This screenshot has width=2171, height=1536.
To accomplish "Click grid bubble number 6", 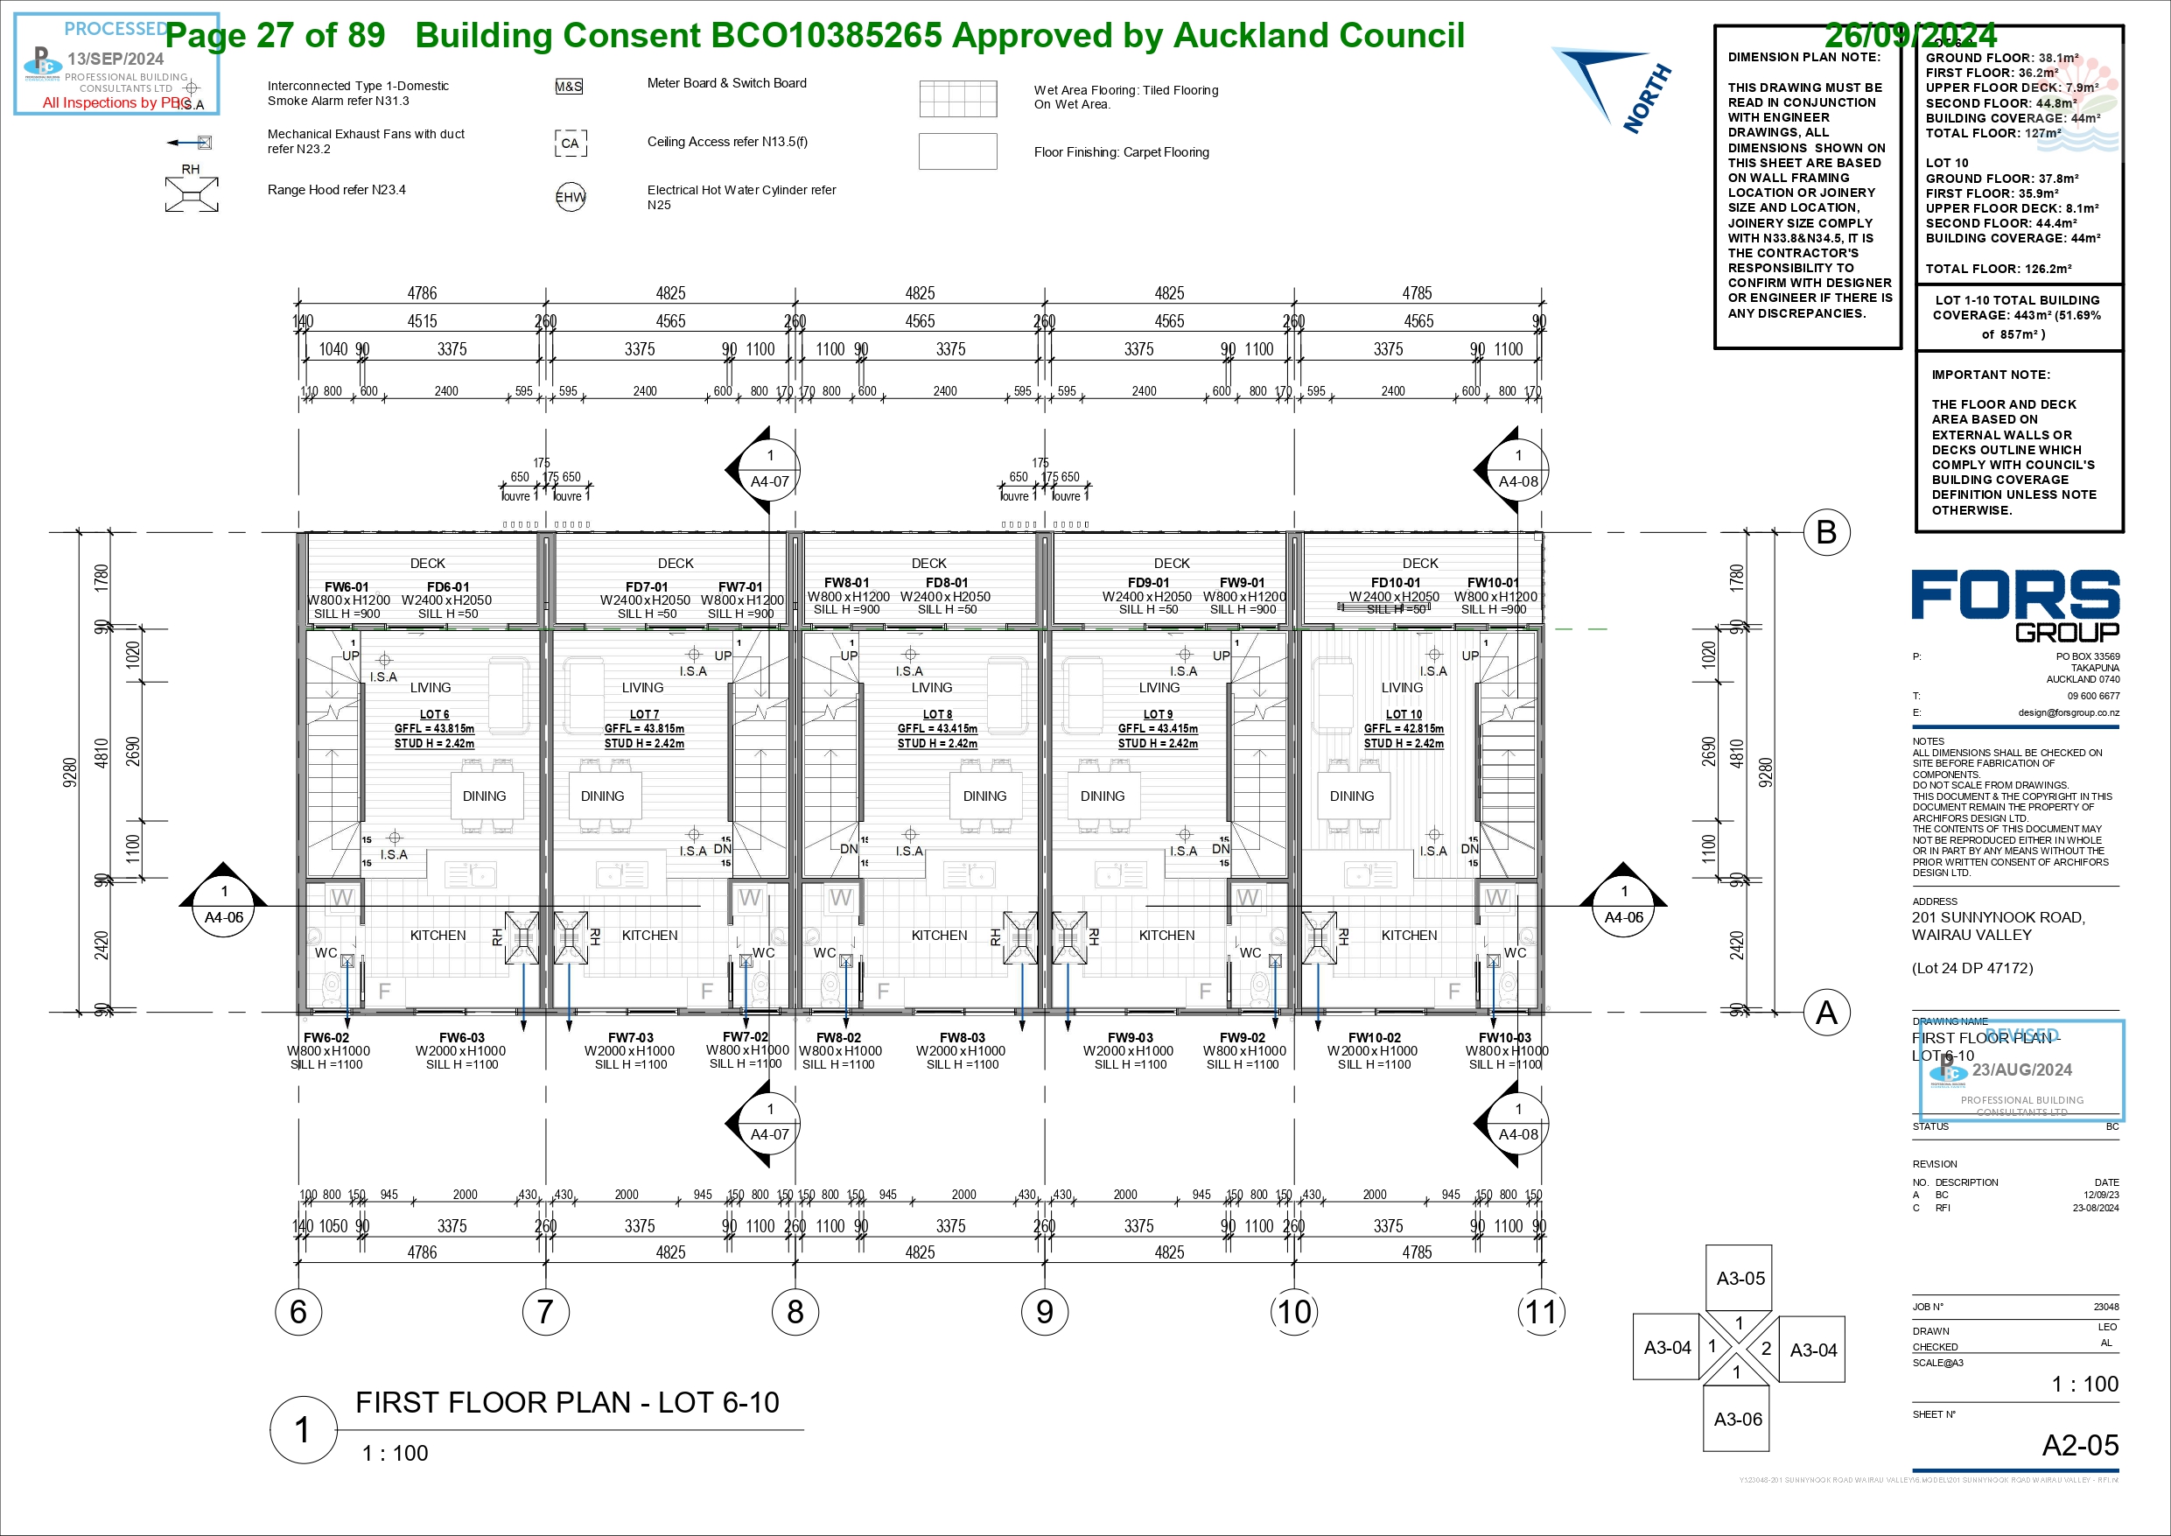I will [298, 1312].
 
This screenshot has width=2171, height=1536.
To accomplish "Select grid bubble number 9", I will [1044, 1312].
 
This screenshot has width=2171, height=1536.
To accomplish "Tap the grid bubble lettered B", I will [1826, 532].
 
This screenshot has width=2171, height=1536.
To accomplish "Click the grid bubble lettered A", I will [1826, 1013].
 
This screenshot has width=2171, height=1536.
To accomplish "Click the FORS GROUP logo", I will [2015, 606].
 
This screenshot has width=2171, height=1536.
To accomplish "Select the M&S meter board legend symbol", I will [568, 87].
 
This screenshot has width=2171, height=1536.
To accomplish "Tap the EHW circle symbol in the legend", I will [571, 197].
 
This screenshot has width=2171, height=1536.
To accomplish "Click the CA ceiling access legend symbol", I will [571, 144].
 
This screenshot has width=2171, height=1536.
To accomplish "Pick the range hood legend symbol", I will [192, 194].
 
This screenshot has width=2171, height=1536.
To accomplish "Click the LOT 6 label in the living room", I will [434, 714].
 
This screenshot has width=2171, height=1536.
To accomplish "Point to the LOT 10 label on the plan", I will [1404, 714].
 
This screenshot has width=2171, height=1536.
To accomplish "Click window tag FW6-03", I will [461, 1037].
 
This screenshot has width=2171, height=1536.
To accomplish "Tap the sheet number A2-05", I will [2079, 1445].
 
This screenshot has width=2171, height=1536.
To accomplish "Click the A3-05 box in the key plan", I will [1740, 1278].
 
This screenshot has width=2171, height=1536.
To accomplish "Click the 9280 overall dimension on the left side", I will [69, 772].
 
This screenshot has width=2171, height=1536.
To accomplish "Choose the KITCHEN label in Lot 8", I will [939, 936].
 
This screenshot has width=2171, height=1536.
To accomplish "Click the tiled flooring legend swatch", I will [958, 98].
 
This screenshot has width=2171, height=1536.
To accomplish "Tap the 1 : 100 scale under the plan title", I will [396, 1453].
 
